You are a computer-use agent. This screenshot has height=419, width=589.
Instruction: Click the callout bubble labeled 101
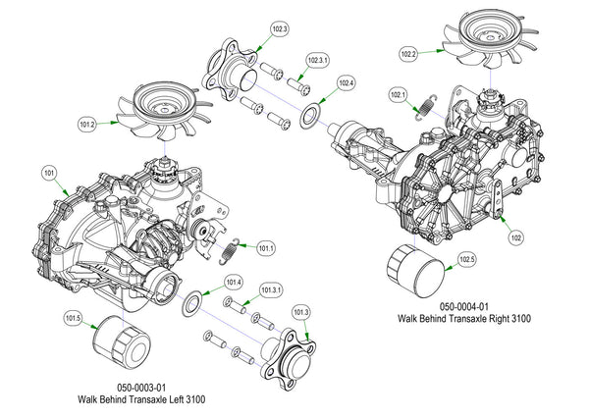pyautogui.click(x=48, y=173)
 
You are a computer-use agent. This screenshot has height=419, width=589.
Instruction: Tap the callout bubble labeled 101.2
pyautogui.click(x=86, y=125)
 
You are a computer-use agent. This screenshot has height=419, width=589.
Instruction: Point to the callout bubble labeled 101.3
pyautogui.click(x=301, y=312)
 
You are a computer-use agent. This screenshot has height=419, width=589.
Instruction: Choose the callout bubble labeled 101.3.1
pyautogui.click(x=272, y=290)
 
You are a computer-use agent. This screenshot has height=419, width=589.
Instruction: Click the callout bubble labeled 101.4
pyautogui.click(x=234, y=281)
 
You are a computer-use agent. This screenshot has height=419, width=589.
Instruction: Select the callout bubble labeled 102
pyautogui.click(x=515, y=236)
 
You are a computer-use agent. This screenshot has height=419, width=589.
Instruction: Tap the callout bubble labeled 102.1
pyautogui.click(x=398, y=95)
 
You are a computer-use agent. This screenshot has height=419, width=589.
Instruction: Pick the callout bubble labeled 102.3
pyautogui.click(x=279, y=30)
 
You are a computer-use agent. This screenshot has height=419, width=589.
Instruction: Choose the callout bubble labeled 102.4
pyautogui.click(x=346, y=83)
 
